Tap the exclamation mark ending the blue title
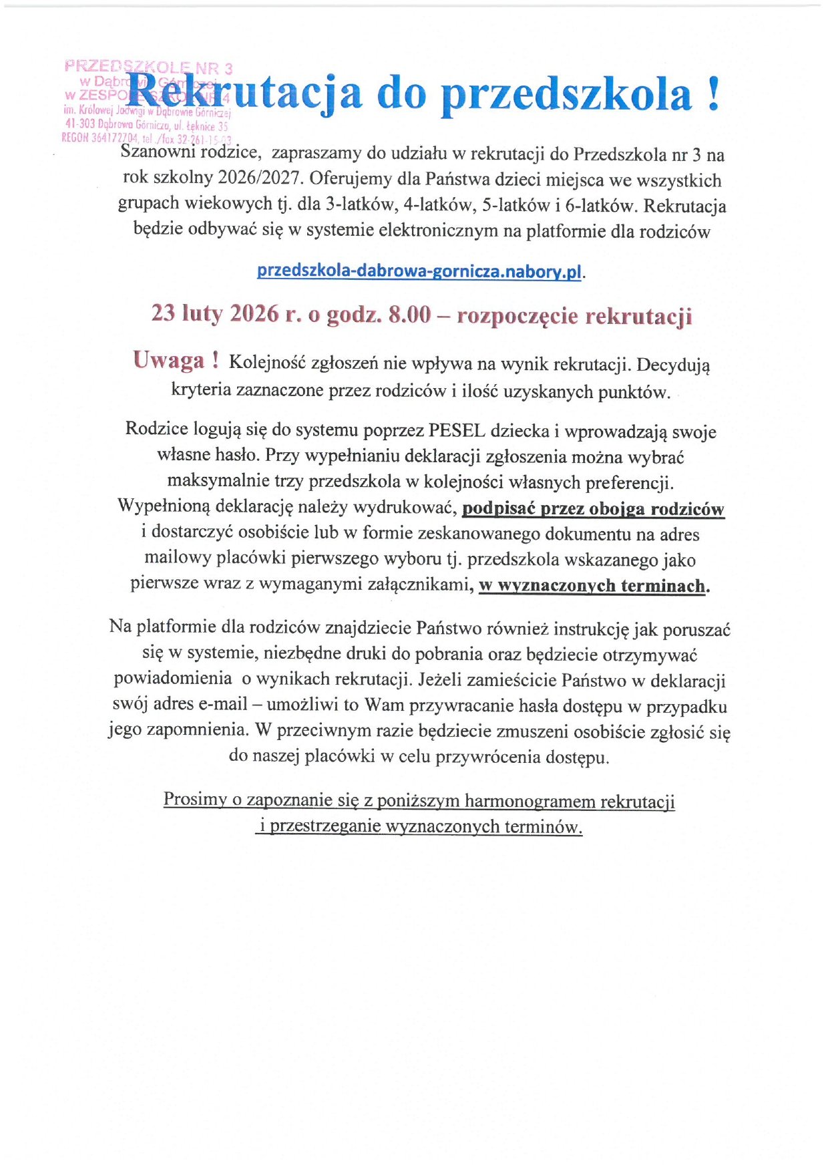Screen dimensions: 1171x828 (712, 94)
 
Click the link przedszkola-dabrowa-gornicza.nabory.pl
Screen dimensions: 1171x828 (419, 271)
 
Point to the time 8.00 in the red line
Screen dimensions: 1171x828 (409, 314)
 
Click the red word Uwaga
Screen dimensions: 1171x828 (168, 361)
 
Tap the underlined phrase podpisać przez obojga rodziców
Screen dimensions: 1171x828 (593, 509)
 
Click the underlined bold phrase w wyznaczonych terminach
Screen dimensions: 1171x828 (592, 586)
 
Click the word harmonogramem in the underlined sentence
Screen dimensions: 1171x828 (530, 800)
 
